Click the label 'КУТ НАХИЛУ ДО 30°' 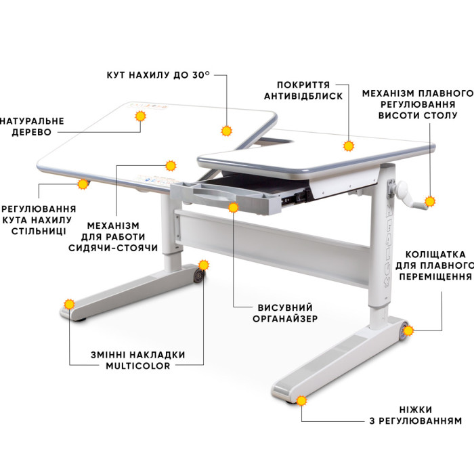point(158,75)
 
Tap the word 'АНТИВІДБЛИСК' point(303,96)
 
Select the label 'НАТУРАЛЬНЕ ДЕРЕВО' point(32,127)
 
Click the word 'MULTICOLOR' point(138,366)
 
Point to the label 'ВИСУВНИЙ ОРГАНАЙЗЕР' point(285,313)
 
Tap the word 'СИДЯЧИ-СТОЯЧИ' point(113,248)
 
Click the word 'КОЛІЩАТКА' point(435,254)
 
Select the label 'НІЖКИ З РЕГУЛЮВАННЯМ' point(416,415)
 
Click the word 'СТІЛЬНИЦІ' point(39,232)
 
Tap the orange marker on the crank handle point(429,201)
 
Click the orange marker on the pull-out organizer point(234,207)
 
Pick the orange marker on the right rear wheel point(408,330)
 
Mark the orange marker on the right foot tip point(301,401)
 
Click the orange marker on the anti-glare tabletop point(349,146)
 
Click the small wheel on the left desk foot point(198,276)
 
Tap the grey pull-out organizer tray point(225,197)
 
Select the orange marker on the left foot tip point(69,304)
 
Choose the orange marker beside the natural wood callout point(140,116)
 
